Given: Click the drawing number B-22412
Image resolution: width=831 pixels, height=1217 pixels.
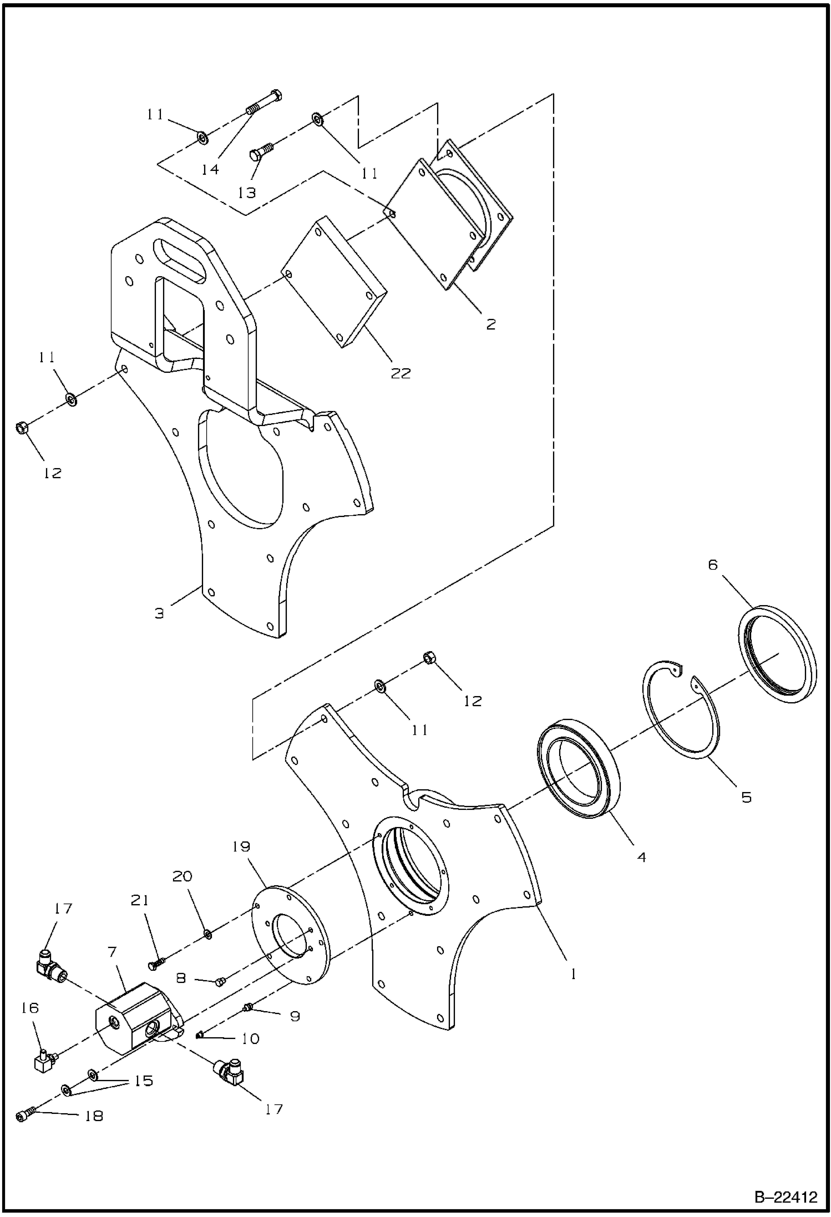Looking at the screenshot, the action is click(786, 1196).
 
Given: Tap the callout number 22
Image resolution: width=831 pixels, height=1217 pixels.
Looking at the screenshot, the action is click(401, 373).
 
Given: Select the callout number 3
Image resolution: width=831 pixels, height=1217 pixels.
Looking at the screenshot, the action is click(159, 613).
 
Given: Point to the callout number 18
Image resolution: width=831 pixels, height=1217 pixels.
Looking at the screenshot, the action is click(94, 1116).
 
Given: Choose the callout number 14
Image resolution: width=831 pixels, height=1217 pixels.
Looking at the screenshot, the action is click(210, 169).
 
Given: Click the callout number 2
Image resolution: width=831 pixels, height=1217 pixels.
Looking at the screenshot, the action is click(490, 324).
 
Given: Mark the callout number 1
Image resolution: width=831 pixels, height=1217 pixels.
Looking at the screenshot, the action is click(573, 974).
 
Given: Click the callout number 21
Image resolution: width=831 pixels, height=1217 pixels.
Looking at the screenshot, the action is click(140, 900).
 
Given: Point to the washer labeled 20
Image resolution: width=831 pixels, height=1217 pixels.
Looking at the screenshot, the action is click(207, 935).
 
